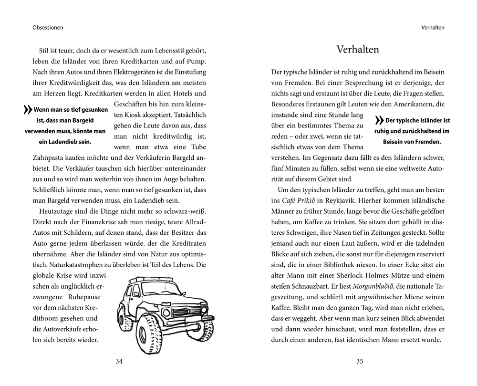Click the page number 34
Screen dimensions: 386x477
119,361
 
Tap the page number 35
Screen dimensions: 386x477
360,361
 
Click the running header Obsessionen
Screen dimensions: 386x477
48,27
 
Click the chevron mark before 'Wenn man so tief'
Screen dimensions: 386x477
27,110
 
